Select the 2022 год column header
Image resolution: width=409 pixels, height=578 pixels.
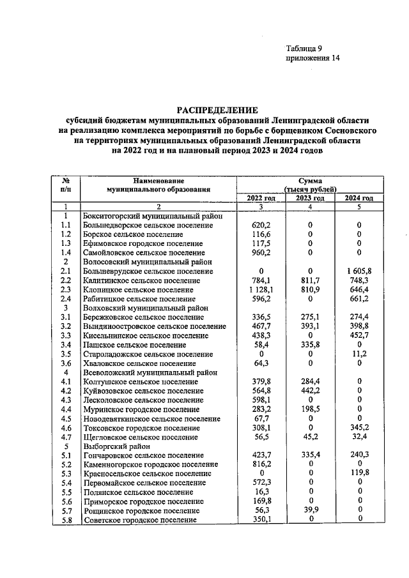click(x=261, y=198)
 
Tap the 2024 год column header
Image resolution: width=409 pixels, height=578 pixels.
click(x=359, y=198)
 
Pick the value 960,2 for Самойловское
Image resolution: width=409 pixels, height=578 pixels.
click(x=261, y=253)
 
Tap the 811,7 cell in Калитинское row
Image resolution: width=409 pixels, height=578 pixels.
click(x=309, y=280)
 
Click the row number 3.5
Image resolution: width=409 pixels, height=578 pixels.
click(x=65, y=354)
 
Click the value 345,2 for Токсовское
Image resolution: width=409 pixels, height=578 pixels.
click(x=359, y=428)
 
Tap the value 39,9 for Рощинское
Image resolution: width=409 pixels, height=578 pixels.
click(x=309, y=511)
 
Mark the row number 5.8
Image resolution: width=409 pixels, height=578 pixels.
click(x=65, y=521)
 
